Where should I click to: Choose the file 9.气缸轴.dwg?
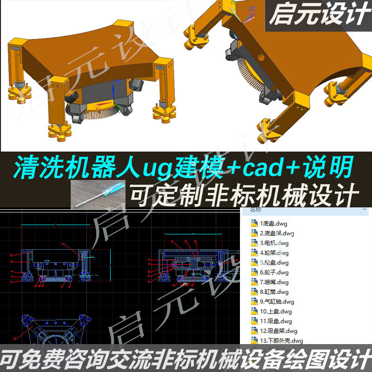pos(277,301)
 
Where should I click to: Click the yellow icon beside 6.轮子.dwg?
pos(254,272)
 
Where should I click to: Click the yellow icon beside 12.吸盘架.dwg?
pos(254,331)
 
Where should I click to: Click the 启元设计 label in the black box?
pos(318,16)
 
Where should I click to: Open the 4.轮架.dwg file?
pos(274,252)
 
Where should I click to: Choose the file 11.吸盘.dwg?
pos(276,321)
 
